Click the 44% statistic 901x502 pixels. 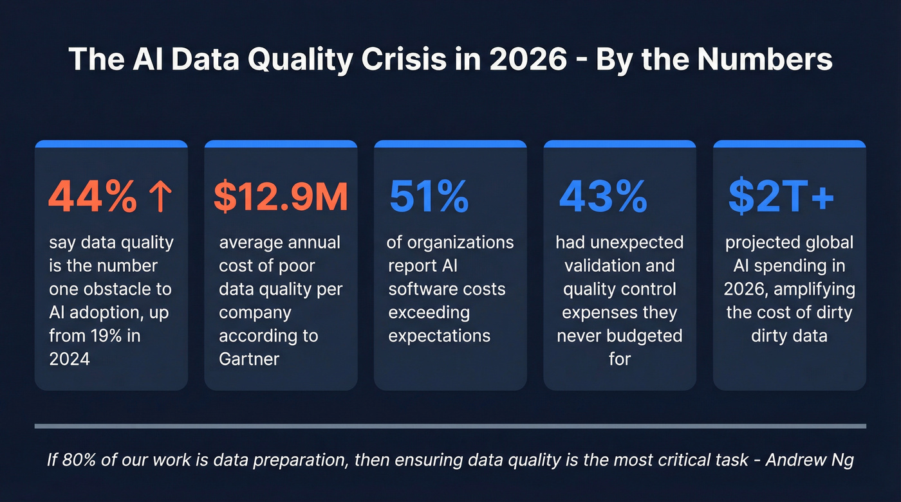(x=92, y=197)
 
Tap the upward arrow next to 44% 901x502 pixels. (x=160, y=197)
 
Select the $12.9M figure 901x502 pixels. (x=281, y=197)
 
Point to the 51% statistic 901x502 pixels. (x=429, y=197)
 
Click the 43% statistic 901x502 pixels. (x=602, y=197)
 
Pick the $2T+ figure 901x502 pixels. (x=781, y=197)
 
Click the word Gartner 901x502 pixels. (x=249, y=359)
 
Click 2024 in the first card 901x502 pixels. (x=70, y=359)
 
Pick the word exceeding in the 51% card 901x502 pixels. (x=429, y=312)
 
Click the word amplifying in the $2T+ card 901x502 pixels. (x=814, y=289)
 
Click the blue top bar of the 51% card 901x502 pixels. (x=450, y=144)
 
